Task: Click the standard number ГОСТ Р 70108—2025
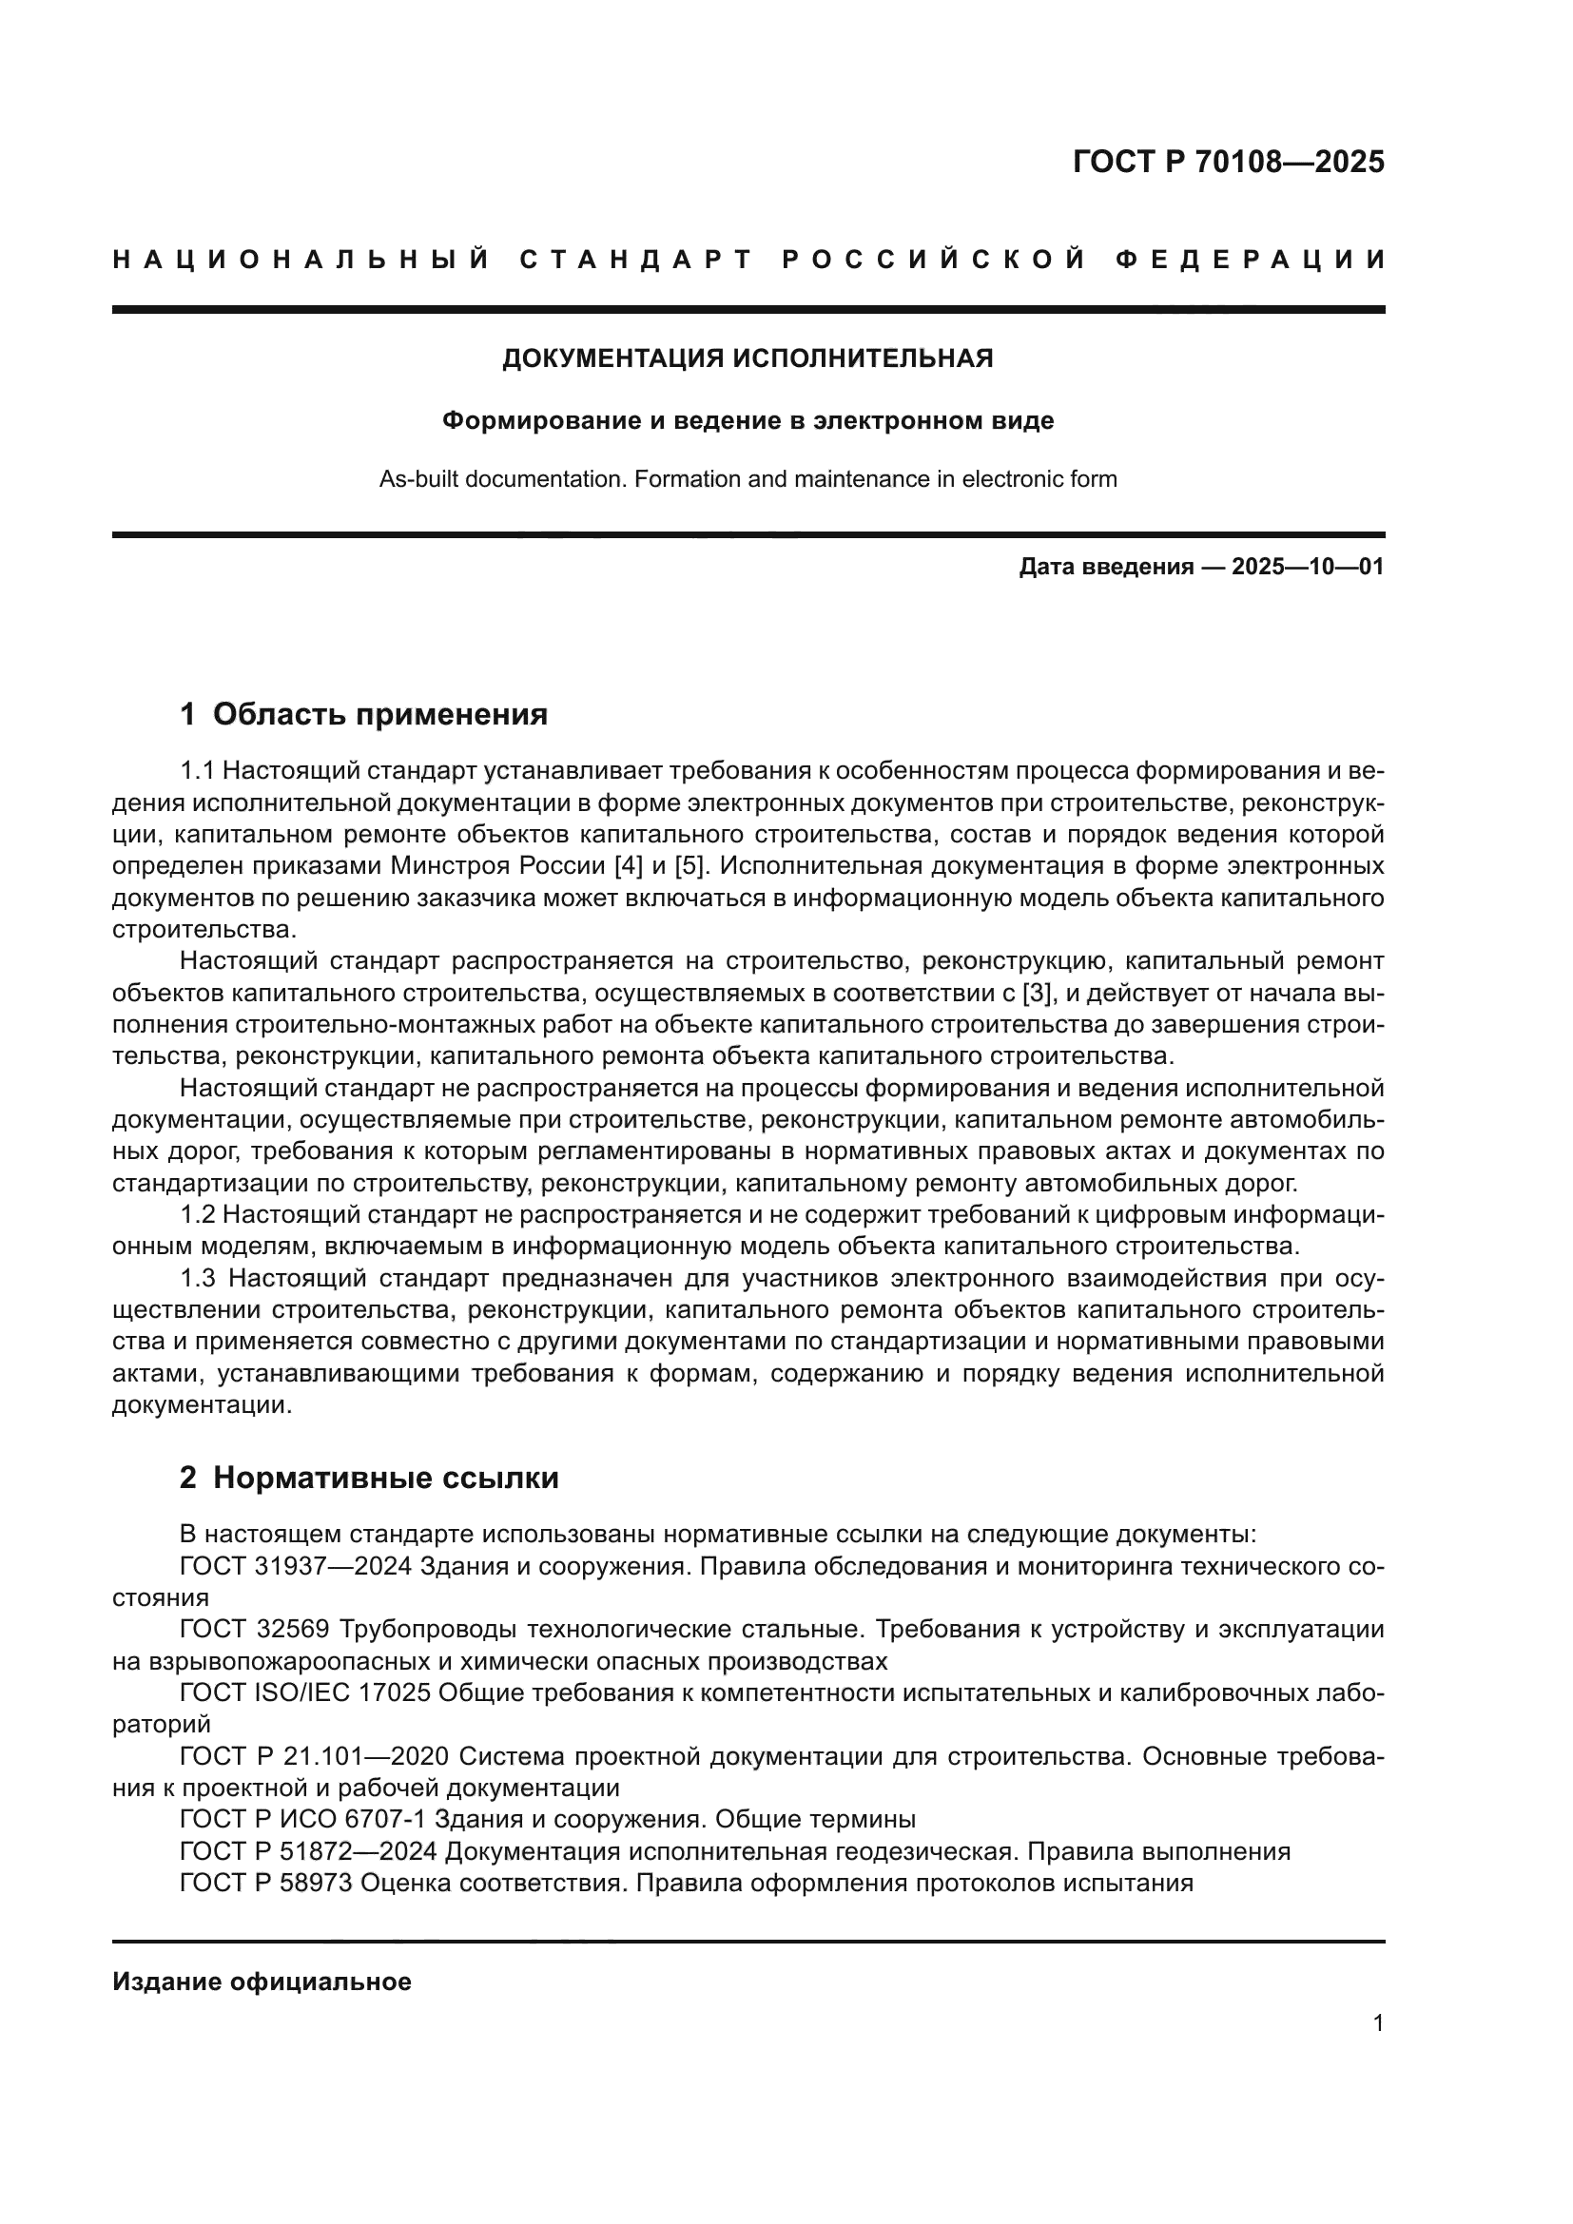click(x=1228, y=162)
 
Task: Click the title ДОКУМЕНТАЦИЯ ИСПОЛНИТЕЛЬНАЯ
click(x=748, y=359)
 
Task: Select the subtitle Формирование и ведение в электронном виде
click(x=748, y=421)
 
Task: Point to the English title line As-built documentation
click(x=748, y=479)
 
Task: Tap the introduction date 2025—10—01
click(x=1308, y=567)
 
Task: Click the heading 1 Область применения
click(x=364, y=715)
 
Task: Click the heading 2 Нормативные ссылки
click(x=369, y=1479)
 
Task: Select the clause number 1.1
click(x=197, y=771)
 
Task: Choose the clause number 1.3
click(x=197, y=1279)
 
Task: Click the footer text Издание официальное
click(x=262, y=1982)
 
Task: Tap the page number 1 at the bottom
click(x=1378, y=2023)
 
